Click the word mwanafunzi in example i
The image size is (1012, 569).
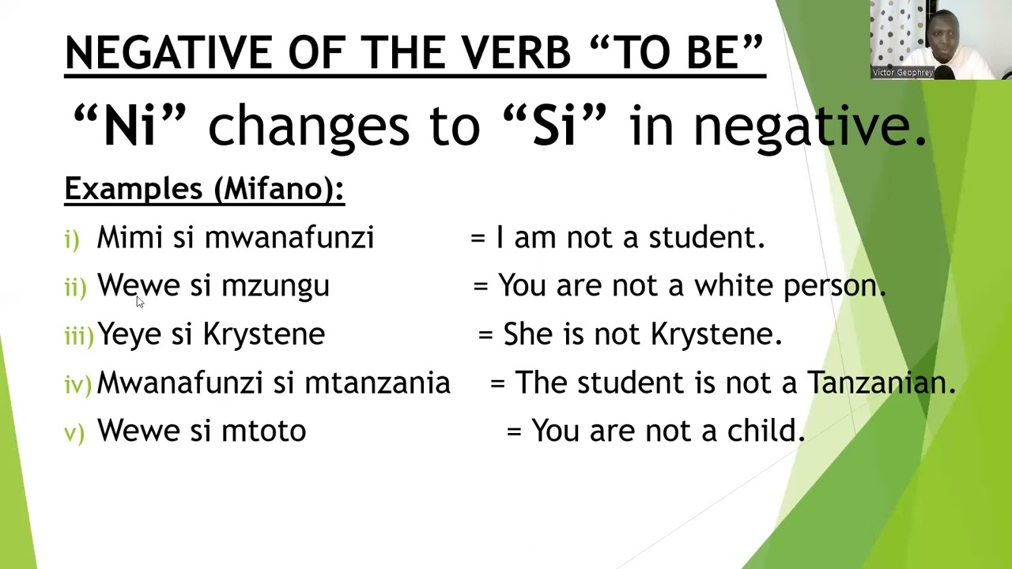[289, 238]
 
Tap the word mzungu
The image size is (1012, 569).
[275, 286]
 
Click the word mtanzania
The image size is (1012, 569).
[377, 383]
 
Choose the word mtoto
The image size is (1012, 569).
[263, 431]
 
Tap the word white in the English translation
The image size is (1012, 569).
[733, 286]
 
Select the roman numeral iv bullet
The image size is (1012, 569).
[77, 385]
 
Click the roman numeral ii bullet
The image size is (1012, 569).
[75, 288]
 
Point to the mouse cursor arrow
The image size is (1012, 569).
[139, 301]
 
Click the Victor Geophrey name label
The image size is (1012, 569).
[902, 73]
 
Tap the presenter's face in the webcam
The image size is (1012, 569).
[944, 40]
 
